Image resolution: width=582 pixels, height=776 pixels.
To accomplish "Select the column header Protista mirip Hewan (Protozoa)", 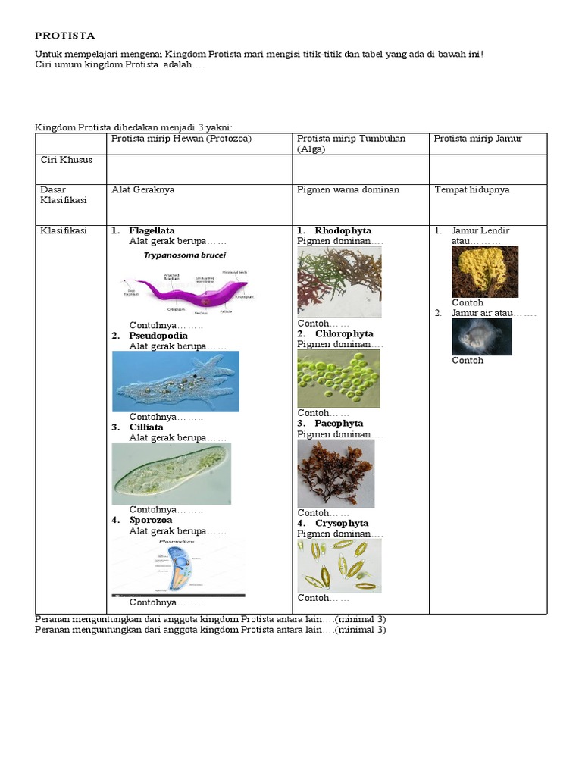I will pyautogui.click(x=181, y=139).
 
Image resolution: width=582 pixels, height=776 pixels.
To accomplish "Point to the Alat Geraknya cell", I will pyautogui.click(x=142, y=190).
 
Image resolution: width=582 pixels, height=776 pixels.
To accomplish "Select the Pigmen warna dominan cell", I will pyautogui.click(x=348, y=190).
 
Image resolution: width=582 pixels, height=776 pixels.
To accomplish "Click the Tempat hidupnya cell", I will pyautogui.click(x=471, y=190).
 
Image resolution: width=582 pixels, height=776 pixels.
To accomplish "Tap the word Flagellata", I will pyautogui.click(x=152, y=230).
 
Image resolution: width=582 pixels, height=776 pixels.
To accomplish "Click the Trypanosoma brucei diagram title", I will pyautogui.click(x=184, y=256).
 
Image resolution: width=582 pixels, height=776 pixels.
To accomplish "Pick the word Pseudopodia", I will pyautogui.click(x=158, y=336).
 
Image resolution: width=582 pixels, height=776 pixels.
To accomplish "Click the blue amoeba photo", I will pyautogui.click(x=176, y=381).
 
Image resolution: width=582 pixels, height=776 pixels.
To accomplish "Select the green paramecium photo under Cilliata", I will pyautogui.click(x=171, y=474).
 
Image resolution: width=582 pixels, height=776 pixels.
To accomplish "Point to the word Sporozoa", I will pyautogui.click(x=150, y=521).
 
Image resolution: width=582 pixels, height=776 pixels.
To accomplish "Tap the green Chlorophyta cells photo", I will pyautogui.click(x=338, y=378).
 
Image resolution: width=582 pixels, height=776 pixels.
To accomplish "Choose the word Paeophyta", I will pyautogui.click(x=339, y=424).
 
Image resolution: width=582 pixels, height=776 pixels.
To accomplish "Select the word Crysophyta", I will pyautogui.click(x=342, y=524).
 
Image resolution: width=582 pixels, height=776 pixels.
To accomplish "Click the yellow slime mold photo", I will pyautogui.click(x=485, y=271).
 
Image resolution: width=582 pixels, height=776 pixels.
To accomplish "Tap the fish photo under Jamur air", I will pyautogui.click(x=481, y=336).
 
